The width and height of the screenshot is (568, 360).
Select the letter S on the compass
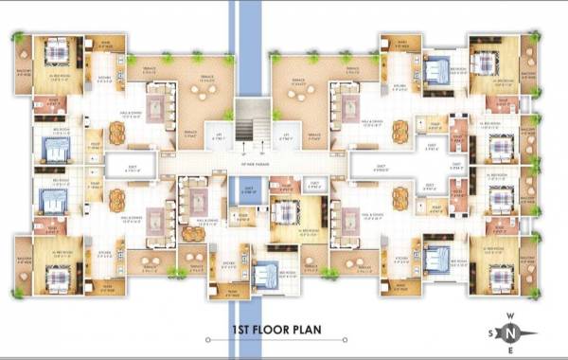click(x=489, y=333)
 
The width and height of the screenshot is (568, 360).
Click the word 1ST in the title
click(x=244, y=332)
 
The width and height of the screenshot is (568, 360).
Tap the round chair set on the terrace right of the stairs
click(x=297, y=90)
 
